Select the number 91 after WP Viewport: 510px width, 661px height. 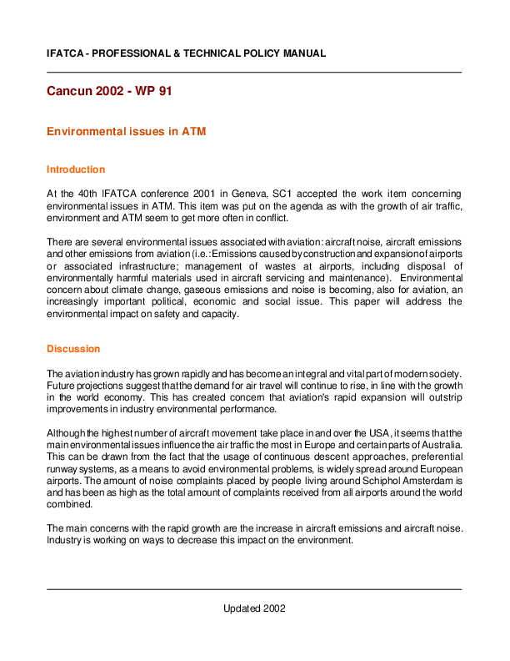[163, 90]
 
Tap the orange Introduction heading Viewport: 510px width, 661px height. [76, 169]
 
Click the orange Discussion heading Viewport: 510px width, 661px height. [73, 349]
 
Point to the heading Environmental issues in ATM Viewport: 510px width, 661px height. [126, 132]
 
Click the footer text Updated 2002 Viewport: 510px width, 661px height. [254, 608]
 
